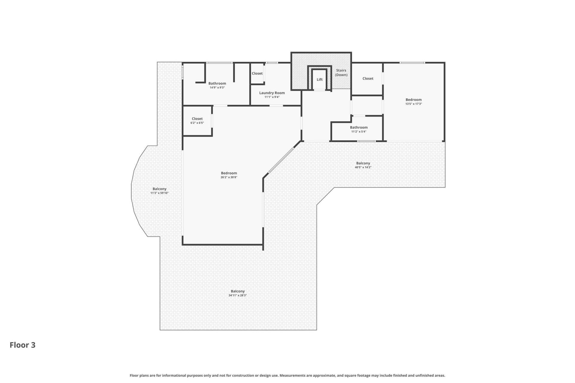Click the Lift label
click(x=320, y=80)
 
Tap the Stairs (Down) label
click(x=341, y=73)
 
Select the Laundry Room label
click(x=272, y=93)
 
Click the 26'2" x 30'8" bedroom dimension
click(x=229, y=177)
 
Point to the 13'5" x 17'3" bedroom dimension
click(x=414, y=104)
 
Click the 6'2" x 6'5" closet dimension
click(x=197, y=123)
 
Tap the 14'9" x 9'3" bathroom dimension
click(x=217, y=88)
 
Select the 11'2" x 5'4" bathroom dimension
click(x=359, y=132)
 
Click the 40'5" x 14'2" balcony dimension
click(x=363, y=167)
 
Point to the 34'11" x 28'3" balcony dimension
click(x=237, y=295)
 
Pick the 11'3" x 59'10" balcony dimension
click(x=159, y=193)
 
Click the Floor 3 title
click(x=22, y=345)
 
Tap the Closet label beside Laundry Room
click(x=257, y=73)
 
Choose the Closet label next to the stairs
click(x=368, y=78)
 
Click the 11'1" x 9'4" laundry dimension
click(x=272, y=97)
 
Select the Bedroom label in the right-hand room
click(x=414, y=100)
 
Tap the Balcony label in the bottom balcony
click(x=238, y=291)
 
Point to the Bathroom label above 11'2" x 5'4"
click(x=359, y=127)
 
